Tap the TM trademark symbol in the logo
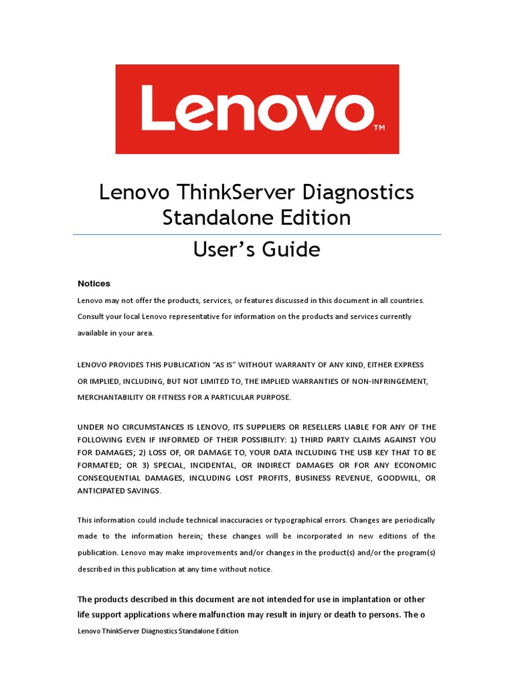(x=379, y=126)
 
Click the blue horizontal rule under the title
(x=257, y=235)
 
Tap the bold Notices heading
(x=94, y=284)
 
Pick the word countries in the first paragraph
(x=405, y=300)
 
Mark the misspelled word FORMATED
(x=100, y=465)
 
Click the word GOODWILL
(x=399, y=478)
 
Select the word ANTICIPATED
(x=101, y=491)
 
